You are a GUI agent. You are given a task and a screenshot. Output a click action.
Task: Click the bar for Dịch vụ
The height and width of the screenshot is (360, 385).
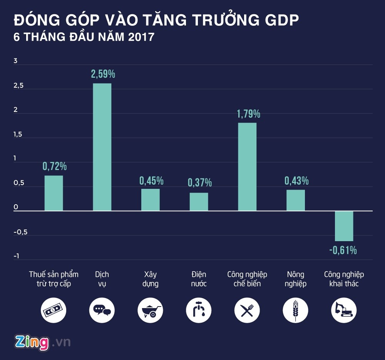coord(102,147)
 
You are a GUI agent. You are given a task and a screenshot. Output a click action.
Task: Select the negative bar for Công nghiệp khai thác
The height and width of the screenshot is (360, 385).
coord(344,226)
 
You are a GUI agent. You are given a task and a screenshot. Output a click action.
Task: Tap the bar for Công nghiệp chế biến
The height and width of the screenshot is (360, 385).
coord(247,167)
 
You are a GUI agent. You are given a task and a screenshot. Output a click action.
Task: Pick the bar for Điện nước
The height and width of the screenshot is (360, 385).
coord(199,202)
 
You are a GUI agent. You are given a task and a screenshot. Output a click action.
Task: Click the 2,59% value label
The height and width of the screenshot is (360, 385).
coord(103,74)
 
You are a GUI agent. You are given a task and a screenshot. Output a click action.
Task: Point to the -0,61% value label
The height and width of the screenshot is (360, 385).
coord(343,250)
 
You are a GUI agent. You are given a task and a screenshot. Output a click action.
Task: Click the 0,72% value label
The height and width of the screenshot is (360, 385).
coord(54,166)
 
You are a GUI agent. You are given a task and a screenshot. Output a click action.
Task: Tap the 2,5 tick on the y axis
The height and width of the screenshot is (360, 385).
coord(18,86)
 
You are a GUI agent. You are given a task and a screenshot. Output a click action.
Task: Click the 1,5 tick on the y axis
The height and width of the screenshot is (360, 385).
coord(18,135)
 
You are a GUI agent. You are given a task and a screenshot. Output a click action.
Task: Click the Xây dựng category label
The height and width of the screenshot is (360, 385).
coord(151,279)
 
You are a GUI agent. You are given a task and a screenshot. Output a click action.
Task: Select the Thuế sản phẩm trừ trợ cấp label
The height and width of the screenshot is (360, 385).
coord(54,279)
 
